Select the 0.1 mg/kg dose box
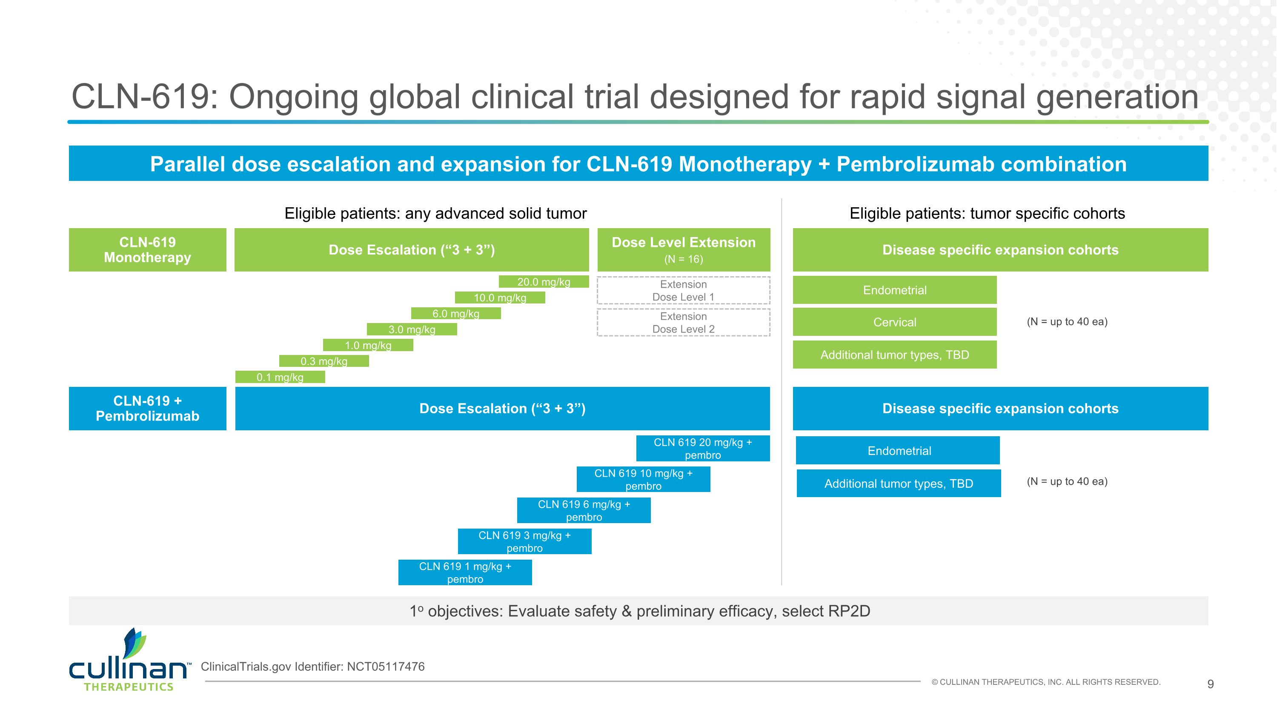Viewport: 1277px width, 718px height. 280,377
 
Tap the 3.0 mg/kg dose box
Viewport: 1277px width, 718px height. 412,329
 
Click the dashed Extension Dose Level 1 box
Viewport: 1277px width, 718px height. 683,290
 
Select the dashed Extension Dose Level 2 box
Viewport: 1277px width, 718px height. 683,323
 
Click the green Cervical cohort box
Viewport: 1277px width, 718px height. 894,322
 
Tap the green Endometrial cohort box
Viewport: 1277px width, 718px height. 894,290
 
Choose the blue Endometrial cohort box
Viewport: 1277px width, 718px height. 898,450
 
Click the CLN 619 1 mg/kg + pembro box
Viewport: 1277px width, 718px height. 465,572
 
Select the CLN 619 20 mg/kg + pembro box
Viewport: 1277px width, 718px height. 702,449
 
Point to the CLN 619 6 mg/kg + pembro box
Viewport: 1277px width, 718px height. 584,510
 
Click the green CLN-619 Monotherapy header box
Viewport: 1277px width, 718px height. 147,250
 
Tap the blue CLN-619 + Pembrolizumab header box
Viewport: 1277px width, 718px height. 147,408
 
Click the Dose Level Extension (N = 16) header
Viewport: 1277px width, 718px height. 683,250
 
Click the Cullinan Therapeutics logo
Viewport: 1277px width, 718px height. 129,661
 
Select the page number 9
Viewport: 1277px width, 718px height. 1210,684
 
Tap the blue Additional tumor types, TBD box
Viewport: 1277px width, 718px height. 898,483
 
